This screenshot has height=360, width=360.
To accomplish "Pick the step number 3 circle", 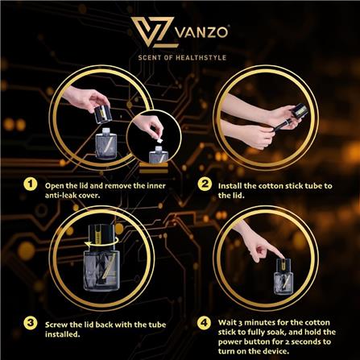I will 29,322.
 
